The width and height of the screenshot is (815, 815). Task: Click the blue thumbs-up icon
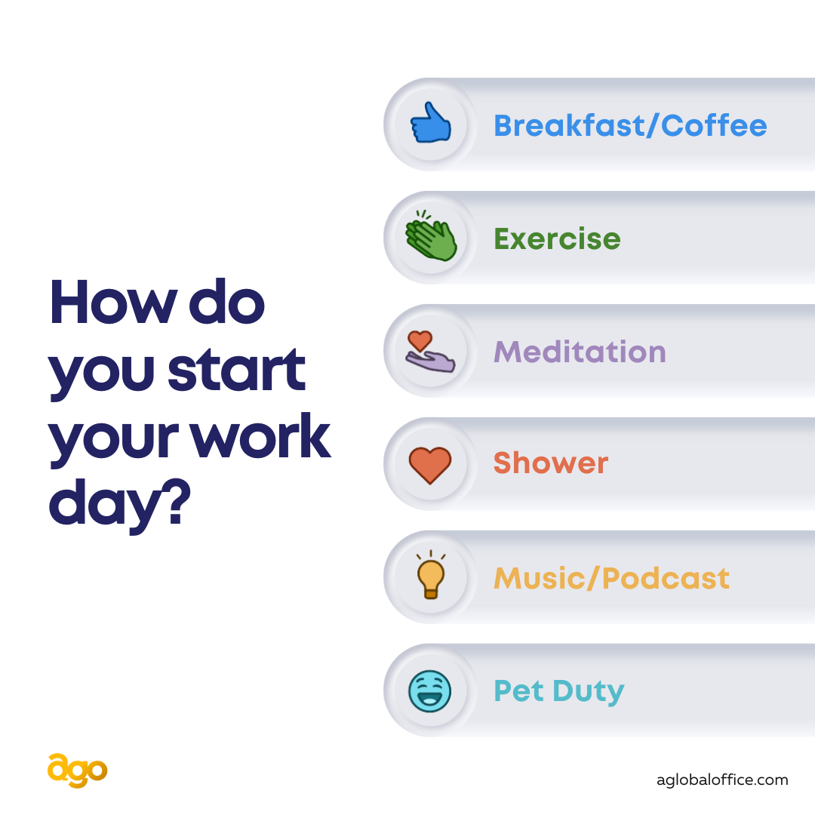pos(430,123)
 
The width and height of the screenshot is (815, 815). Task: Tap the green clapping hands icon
pos(430,235)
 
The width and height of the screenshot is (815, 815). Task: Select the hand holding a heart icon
pos(430,352)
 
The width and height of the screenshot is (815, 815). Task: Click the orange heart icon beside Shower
pos(430,465)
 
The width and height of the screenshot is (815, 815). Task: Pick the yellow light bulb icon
pos(431,574)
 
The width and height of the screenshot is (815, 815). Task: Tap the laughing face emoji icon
pos(430,690)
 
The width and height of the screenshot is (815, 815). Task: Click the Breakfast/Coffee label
pos(630,126)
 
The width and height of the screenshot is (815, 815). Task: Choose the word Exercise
pos(557,239)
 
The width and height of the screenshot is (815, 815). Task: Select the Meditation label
pos(580,352)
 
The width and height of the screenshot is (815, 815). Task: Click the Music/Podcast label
pos(611,578)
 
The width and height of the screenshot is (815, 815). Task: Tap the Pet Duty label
pos(558,692)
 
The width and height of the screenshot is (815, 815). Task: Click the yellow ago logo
pos(78,770)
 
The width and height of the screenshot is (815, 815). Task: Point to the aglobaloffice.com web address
pos(722,780)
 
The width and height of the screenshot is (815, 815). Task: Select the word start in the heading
pos(236,369)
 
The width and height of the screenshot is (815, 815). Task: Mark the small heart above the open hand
pos(420,341)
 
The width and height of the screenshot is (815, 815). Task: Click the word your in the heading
pos(114,441)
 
